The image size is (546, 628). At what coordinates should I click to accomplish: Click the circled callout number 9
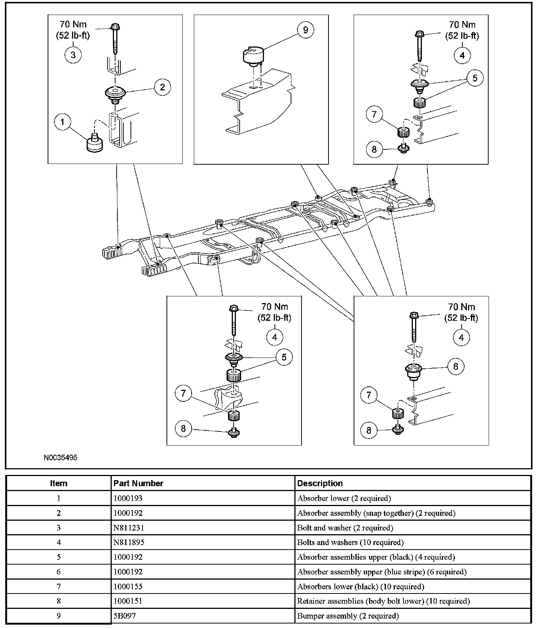(x=305, y=30)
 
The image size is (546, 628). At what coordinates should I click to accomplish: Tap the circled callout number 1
(x=63, y=122)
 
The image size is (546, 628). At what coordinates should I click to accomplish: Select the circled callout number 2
(x=162, y=87)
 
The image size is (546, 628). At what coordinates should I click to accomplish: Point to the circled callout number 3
(x=73, y=55)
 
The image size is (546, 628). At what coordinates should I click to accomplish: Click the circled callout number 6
(x=456, y=367)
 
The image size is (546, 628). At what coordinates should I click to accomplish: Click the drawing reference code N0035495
(x=60, y=458)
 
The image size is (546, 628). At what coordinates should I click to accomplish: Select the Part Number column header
(x=138, y=483)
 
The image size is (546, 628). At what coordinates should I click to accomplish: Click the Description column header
(x=320, y=483)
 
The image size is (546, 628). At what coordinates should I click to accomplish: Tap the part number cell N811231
(x=129, y=527)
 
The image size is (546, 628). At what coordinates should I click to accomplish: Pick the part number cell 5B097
(x=124, y=616)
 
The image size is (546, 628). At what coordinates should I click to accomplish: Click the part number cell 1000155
(x=128, y=586)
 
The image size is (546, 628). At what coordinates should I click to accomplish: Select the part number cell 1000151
(x=128, y=601)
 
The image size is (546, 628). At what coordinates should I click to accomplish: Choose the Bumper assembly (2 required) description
(x=348, y=616)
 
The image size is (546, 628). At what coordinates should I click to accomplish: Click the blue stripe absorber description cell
(x=382, y=572)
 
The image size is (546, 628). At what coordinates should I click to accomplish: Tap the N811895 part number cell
(x=129, y=542)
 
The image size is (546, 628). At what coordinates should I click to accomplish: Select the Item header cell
(x=58, y=483)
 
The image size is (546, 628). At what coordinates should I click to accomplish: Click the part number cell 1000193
(x=128, y=498)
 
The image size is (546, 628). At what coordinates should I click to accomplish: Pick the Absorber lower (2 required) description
(x=344, y=498)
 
